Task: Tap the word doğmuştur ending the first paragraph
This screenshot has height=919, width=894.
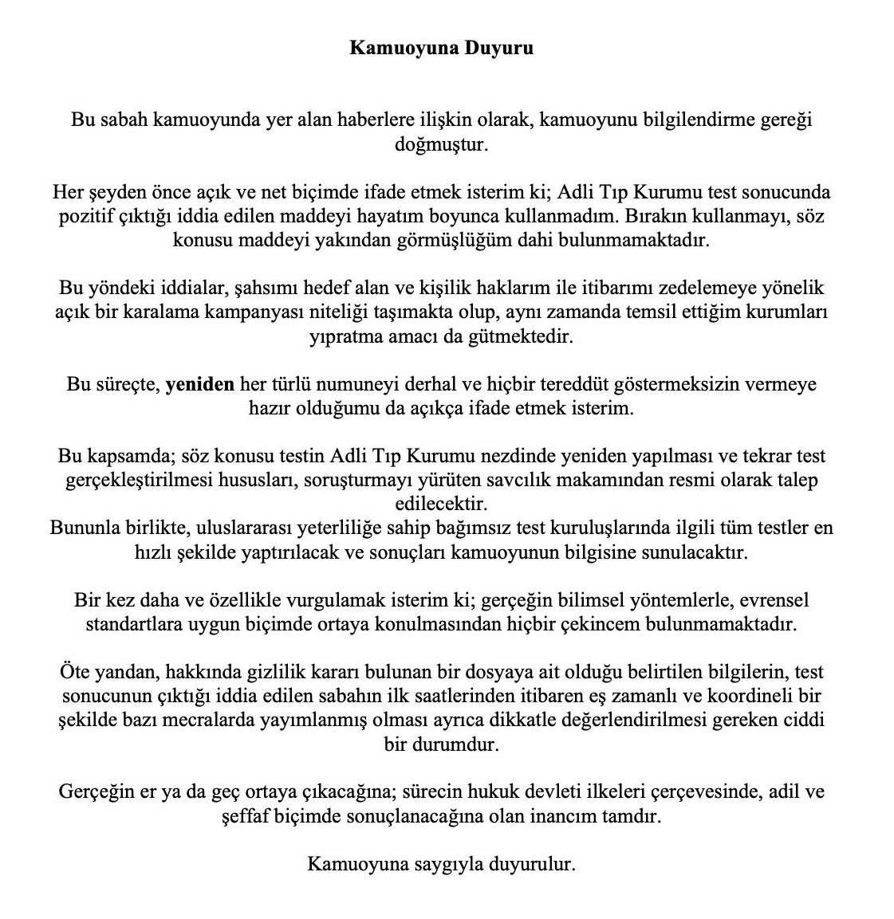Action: (x=441, y=146)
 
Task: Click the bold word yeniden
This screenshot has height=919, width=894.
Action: (x=199, y=384)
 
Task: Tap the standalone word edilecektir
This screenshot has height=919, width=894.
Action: (x=441, y=504)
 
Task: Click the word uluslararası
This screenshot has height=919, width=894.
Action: (x=231, y=528)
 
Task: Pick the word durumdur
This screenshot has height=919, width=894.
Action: (x=463, y=744)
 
